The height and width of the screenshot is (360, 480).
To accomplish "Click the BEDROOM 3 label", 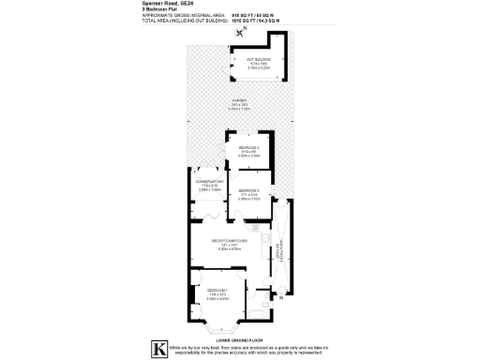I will [x=247, y=150].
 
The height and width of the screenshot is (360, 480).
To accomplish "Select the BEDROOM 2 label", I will [x=248, y=192].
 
